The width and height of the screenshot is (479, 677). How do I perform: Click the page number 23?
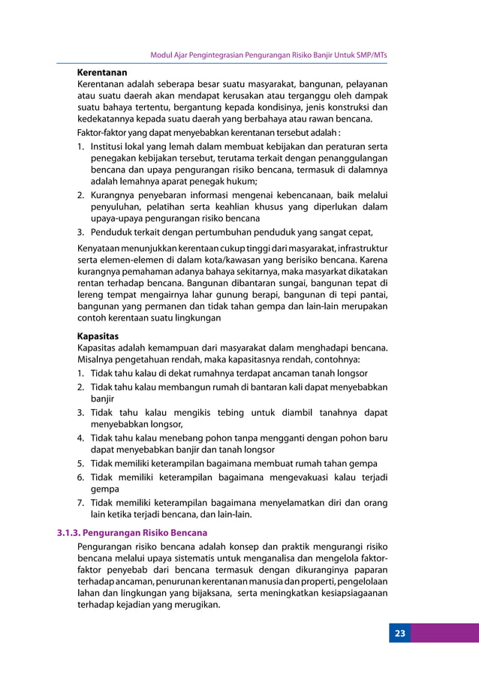(400, 633)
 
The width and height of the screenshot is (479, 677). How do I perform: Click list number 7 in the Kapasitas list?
(80, 502)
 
